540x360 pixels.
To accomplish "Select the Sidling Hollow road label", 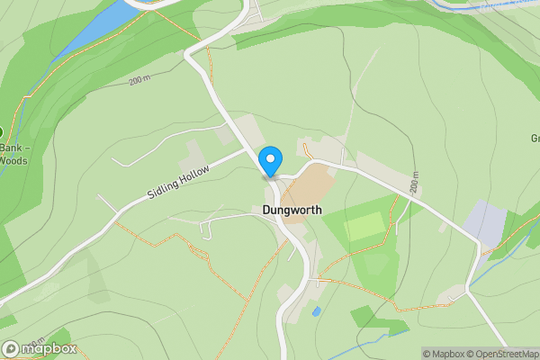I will tap(179, 183).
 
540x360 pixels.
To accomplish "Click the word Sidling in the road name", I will tap(165, 189).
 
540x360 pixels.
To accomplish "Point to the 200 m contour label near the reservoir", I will tap(139, 81).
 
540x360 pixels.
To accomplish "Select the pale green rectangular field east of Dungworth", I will tap(364, 226).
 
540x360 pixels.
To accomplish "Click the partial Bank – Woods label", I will tap(13, 154).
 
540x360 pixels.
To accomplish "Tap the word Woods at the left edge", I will tap(14, 161).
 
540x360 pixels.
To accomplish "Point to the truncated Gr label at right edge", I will tap(535, 139).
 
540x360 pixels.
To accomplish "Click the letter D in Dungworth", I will tap(267, 210).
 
